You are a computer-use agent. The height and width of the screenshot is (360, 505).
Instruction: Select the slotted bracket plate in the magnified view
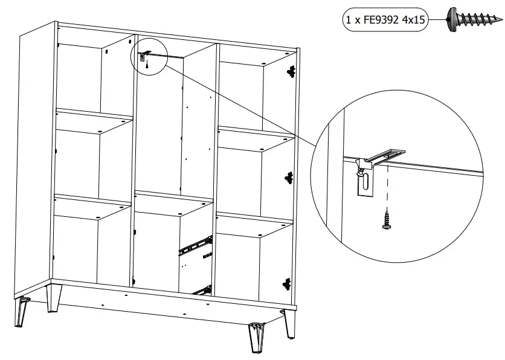pyautogui.click(x=364, y=182)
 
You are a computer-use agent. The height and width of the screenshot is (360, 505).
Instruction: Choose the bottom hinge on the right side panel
pyautogui.click(x=286, y=282)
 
